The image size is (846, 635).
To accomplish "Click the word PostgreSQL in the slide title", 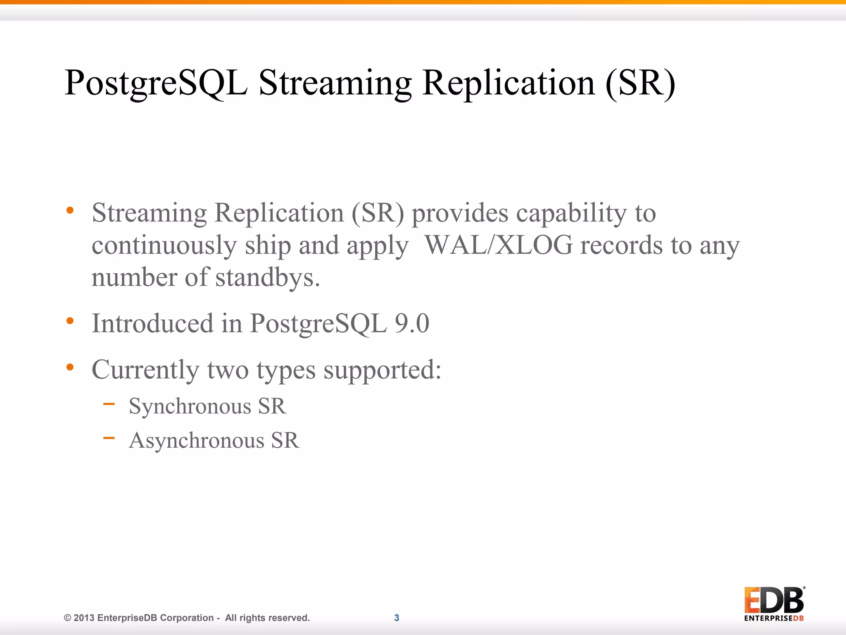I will pyautogui.click(x=156, y=84).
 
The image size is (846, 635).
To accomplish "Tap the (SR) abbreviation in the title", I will pyautogui.click(x=640, y=84).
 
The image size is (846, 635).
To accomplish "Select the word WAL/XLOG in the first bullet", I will pyautogui.click(x=499, y=245).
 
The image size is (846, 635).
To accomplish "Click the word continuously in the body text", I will pyautogui.click(x=164, y=245).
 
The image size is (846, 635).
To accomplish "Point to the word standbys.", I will pyautogui.click(x=267, y=277).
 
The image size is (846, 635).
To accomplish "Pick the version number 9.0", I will pyautogui.click(x=412, y=323).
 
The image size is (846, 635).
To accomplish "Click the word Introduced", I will pyautogui.click(x=152, y=323).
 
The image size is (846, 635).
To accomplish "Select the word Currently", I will pyautogui.click(x=145, y=370).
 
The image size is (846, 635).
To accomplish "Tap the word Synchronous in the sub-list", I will pyautogui.click(x=190, y=406).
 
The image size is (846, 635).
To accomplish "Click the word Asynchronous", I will pyautogui.click(x=196, y=441).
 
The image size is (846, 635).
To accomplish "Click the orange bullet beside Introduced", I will pyautogui.click(x=70, y=321).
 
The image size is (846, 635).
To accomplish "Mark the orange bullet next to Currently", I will pyautogui.click(x=70, y=367).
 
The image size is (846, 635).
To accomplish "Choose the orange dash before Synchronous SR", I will pyautogui.click(x=109, y=404).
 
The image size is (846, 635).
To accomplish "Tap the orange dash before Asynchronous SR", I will pyautogui.click(x=109, y=438).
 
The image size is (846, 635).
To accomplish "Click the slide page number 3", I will pyautogui.click(x=397, y=618).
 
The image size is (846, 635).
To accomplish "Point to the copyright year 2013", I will pyautogui.click(x=84, y=618).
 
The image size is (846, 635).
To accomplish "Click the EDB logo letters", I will pyautogui.click(x=774, y=600).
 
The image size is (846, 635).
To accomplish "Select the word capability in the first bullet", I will pyautogui.click(x=571, y=213).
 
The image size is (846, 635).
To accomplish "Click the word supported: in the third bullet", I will pyautogui.click(x=382, y=370).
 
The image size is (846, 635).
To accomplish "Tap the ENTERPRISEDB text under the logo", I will pyautogui.click(x=774, y=618).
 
